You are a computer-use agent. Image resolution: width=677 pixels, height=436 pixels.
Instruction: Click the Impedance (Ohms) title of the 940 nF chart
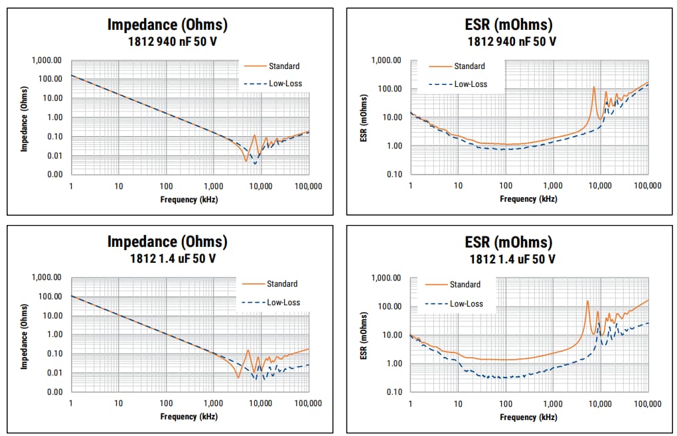click(167, 25)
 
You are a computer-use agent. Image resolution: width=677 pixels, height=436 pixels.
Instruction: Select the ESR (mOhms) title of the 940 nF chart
click(508, 25)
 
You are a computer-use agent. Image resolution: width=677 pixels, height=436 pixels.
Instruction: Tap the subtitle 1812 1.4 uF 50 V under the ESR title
click(509, 258)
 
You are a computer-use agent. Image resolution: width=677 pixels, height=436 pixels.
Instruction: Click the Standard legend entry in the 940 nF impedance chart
click(283, 66)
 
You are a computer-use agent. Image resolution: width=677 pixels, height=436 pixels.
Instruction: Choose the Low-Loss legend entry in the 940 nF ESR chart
click(471, 84)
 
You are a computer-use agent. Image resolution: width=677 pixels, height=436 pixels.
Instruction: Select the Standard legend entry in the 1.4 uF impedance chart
click(282, 284)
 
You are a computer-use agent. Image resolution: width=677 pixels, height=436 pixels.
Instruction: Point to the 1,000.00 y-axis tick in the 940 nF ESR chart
click(387, 60)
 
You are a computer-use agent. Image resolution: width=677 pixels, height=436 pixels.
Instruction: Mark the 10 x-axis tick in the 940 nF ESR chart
click(458, 186)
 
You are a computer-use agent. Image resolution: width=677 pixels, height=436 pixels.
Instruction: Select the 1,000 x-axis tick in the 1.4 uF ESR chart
click(552, 403)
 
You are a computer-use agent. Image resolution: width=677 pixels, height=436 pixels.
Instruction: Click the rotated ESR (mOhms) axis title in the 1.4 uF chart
click(363, 335)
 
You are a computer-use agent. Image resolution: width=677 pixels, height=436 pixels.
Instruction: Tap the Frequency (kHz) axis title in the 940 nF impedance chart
click(188, 199)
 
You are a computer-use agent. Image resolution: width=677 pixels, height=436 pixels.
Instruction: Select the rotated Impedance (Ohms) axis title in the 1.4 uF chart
click(24, 335)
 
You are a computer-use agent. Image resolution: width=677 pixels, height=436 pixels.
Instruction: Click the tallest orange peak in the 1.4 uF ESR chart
click(587, 301)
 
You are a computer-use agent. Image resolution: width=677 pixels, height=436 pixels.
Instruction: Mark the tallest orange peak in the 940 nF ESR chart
click(594, 87)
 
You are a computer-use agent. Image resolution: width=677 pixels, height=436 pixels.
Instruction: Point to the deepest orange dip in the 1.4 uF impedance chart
click(238, 377)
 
